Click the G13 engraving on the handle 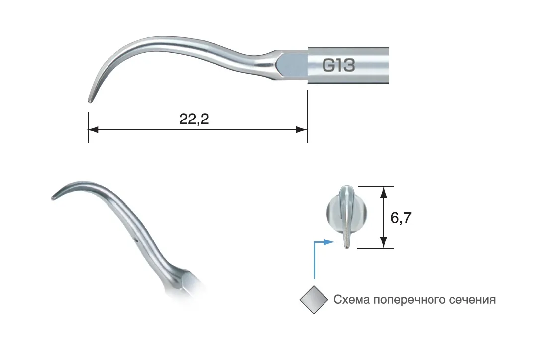[338, 65]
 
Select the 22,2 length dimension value [194, 119]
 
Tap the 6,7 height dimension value [401, 218]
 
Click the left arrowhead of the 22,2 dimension [94, 130]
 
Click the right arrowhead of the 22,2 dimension [302, 130]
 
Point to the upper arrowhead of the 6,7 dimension [384, 192]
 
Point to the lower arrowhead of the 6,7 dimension [384, 242]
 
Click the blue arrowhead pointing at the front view [329, 242]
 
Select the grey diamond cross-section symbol [314, 300]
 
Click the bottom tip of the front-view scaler [346, 246]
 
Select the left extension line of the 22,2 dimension [88, 127]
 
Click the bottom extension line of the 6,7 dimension [375, 249]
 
